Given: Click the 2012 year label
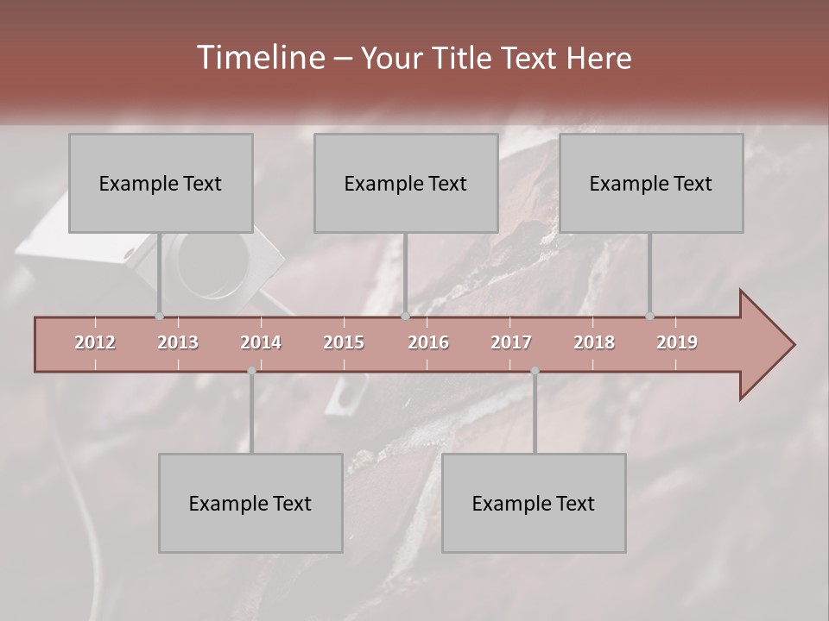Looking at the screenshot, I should pos(95,342).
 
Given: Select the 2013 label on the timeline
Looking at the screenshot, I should pos(178,342).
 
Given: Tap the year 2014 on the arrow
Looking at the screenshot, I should pos(261,342).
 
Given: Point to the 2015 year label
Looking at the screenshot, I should pos(344,342).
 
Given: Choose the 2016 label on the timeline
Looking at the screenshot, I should pos(428,342).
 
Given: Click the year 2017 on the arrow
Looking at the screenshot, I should pos(511,342).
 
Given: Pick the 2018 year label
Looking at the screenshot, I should pos(594,342).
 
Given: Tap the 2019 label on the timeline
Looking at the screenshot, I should pos(677,342).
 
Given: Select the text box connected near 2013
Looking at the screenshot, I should pos(161,184).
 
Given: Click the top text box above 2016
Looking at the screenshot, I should pos(406,184).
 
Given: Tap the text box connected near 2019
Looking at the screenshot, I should pos(651,184).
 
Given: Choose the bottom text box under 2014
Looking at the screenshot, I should pos(250,504).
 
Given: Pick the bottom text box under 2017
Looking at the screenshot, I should pos(534,504).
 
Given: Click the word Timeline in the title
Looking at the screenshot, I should pos(259,58).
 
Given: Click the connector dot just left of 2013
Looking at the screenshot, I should pos(159,316).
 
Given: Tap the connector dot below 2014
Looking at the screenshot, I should pos(251,371).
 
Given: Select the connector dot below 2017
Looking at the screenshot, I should pos(535,371).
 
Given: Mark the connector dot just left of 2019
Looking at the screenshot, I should pos(649,316).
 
